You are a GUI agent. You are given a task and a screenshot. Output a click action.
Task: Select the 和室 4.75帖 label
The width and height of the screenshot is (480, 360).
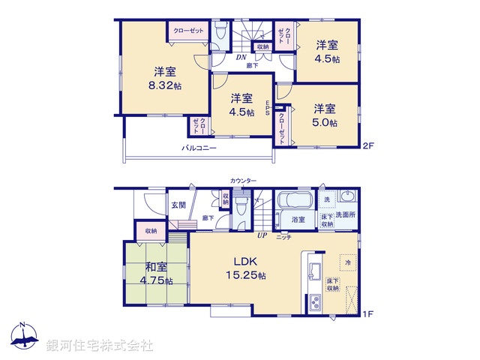tap(157, 273)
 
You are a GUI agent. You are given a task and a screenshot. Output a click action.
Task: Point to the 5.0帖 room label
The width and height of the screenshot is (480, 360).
tap(325, 115)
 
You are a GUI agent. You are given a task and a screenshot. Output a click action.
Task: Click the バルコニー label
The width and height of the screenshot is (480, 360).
tap(199, 148)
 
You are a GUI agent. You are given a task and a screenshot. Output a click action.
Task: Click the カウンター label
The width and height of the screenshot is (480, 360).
tap(243, 181)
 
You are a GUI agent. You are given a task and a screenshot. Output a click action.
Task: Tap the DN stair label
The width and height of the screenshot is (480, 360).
tap(242, 57)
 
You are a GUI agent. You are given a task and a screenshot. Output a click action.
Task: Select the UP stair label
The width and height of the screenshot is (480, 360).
tap(262, 235)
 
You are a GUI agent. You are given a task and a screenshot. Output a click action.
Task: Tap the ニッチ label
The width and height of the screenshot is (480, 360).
tap(284, 237)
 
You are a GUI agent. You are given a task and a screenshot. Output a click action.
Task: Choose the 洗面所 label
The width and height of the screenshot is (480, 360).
tap(346, 215)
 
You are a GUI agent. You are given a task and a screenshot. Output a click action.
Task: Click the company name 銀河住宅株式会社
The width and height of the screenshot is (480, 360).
tap(100, 346)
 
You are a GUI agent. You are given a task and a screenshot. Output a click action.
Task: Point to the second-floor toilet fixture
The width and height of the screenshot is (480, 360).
tap(220, 33)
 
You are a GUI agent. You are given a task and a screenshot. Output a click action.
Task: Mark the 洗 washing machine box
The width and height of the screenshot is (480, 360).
tap(328, 202)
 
